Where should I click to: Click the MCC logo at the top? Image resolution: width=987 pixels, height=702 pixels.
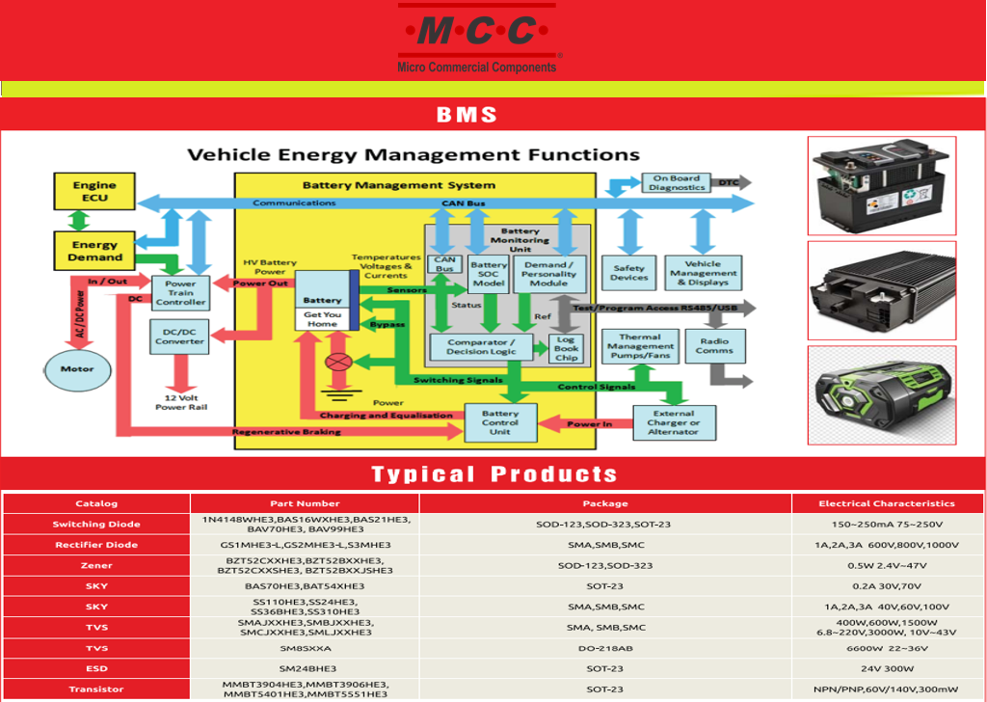477,40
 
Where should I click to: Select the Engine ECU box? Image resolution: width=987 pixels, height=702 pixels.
94,191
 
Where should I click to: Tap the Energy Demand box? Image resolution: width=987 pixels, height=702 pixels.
94,251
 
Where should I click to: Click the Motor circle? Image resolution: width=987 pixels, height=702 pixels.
77,368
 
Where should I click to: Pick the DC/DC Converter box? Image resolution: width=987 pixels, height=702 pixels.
179,337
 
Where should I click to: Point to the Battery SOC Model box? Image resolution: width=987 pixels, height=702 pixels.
489,274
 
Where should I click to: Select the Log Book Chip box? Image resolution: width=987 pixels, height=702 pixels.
566,347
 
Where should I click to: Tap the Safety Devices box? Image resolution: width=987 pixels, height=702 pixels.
629,273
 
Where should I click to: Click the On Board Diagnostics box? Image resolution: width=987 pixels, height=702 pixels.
678,182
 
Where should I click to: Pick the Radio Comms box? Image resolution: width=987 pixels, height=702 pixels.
713,345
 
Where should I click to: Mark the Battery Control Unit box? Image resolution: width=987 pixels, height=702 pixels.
500,422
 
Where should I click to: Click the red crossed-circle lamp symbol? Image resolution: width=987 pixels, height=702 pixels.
338,363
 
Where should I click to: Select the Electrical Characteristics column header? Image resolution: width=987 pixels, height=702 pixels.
886,503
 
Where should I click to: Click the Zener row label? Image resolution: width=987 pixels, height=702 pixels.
96,566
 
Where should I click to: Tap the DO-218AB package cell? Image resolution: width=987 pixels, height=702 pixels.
605,648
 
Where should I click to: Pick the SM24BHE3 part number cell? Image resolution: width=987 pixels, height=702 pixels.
307,668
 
